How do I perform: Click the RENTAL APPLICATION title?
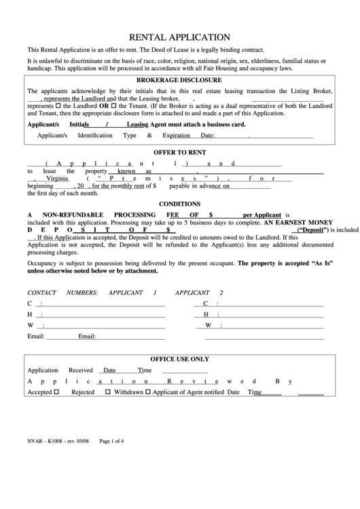click(179, 37)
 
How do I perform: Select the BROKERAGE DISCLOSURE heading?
click(180, 80)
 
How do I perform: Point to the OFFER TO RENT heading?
click(180, 152)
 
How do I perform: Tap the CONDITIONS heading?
click(179, 204)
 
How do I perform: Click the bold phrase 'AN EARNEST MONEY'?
click(298, 222)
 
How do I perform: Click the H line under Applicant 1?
click(95, 315)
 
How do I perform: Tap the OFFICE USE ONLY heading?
click(179, 358)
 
